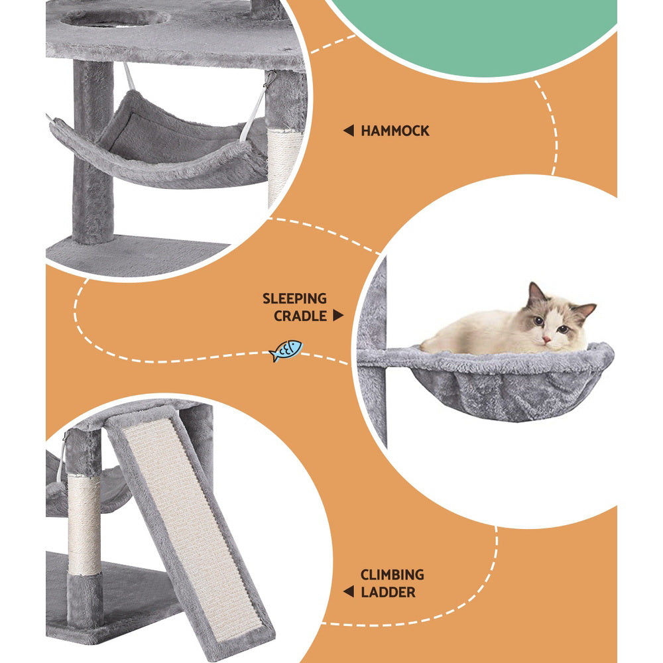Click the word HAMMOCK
point(395,131)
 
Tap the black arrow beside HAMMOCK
point(348,131)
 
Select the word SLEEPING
point(294,299)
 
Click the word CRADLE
point(300,316)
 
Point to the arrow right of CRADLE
point(338,316)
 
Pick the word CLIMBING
point(392,575)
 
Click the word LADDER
point(388,591)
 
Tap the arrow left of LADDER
point(348,591)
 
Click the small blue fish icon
point(286,350)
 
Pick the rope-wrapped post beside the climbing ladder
point(84,524)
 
